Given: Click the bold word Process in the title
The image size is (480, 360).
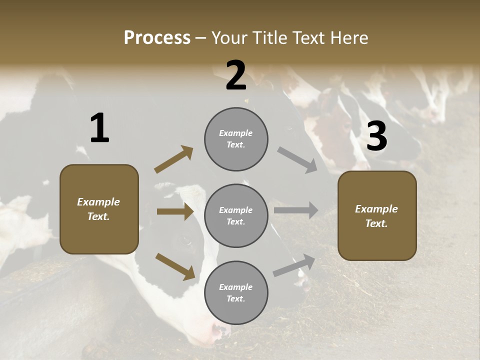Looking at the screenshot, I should click(157, 37).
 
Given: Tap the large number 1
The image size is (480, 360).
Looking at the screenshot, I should click(99, 128).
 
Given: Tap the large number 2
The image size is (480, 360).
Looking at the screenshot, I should click(236, 75).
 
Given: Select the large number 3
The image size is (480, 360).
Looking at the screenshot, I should click(376, 136).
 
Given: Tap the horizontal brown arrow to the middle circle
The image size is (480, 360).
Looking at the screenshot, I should click(175, 211).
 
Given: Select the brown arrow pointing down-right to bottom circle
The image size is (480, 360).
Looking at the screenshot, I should click(175, 266).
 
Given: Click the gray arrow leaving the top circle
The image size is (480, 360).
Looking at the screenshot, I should click(297, 160).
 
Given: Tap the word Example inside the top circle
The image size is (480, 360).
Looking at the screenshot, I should click(235, 133).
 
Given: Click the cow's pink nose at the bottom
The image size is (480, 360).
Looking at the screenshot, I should click(220, 330).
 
